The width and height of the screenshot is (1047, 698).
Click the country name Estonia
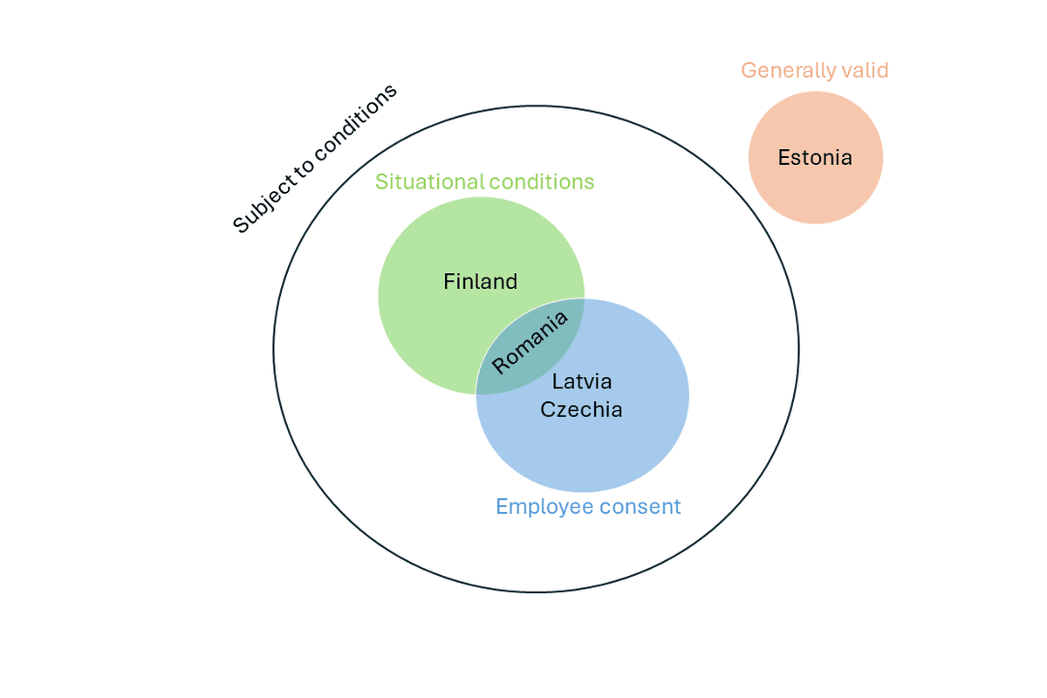(x=815, y=158)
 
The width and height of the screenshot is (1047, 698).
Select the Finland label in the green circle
(x=480, y=282)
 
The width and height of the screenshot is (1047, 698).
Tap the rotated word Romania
(x=530, y=342)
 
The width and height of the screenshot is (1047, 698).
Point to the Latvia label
(x=582, y=381)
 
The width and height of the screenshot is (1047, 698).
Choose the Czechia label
(x=581, y=409)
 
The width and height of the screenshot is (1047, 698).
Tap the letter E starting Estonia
(x=784, y=158)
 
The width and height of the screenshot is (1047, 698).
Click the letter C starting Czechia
(x=547, y=409)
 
